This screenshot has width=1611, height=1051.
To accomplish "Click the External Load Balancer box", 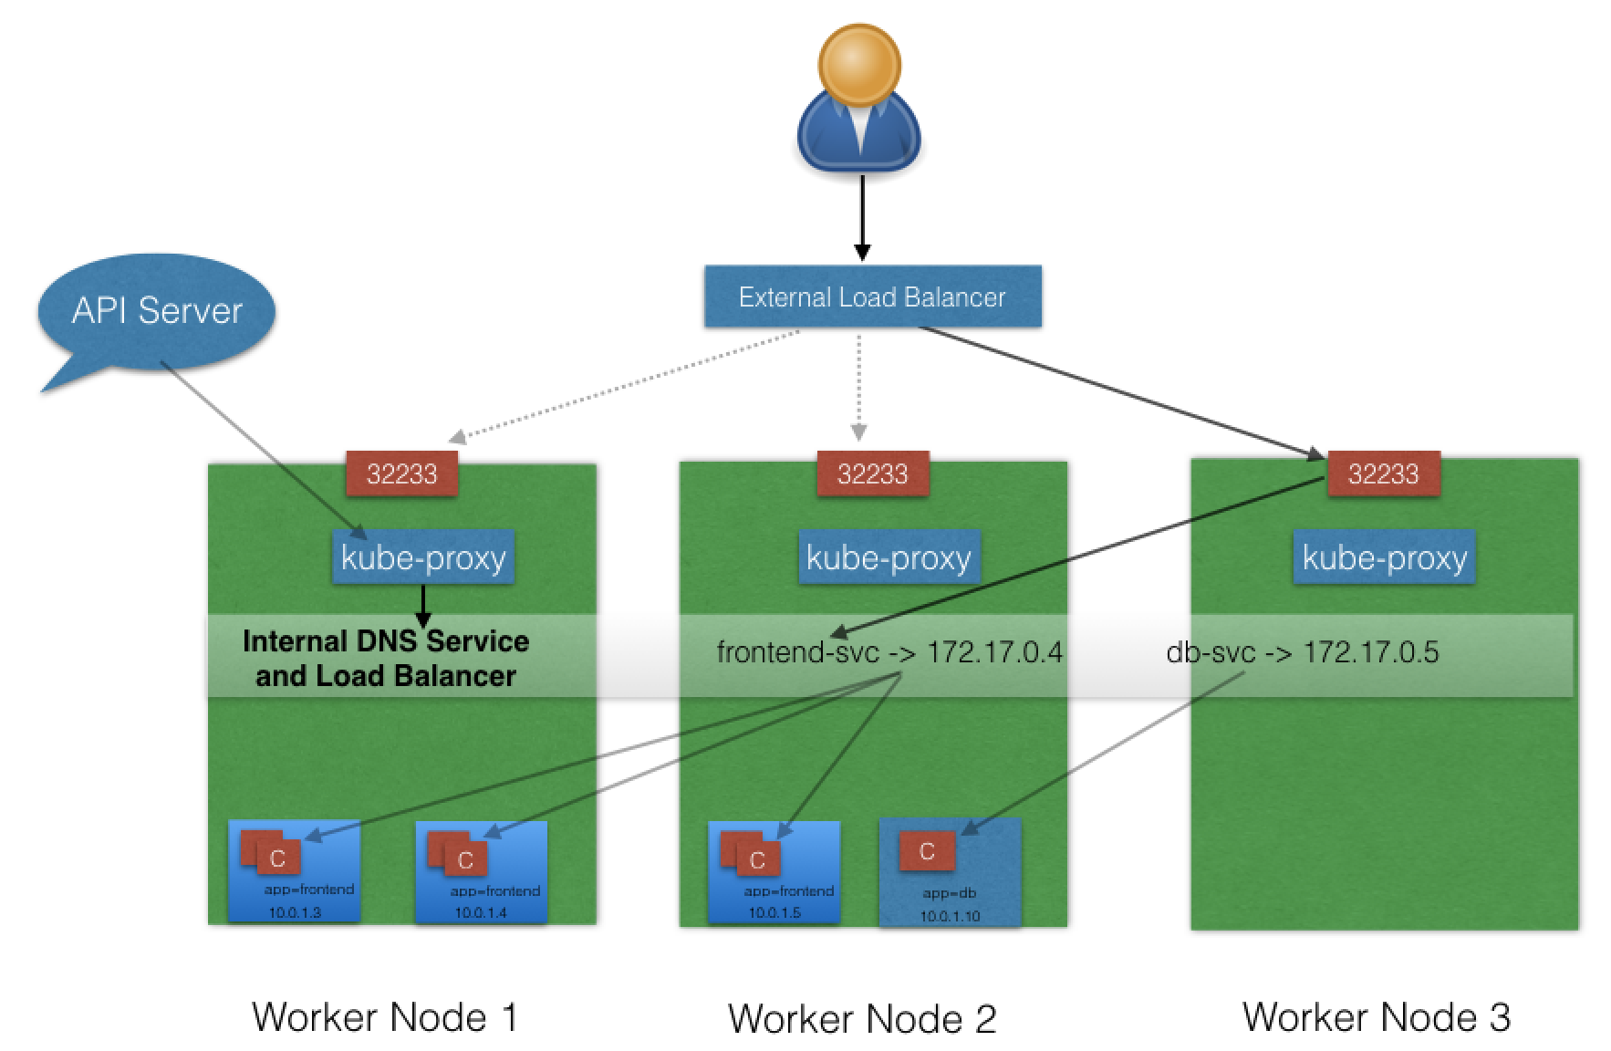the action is [x=872, y=297].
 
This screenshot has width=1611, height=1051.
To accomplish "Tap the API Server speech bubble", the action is [x=157, y=315].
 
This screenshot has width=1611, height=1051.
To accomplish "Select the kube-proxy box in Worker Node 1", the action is [x=423, y=557].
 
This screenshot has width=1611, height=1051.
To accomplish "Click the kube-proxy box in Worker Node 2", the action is [x=889, y=557].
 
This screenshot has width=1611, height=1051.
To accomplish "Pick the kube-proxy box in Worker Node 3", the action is [x=1384, y=557].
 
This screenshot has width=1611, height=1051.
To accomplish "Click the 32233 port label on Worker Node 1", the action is [x=401, y=473].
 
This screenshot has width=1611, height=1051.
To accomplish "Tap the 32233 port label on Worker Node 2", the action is [x=872, y=473].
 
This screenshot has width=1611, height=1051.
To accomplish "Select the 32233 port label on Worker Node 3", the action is [x=1383, y=473].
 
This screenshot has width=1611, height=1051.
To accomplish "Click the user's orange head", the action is [x=859, y=65].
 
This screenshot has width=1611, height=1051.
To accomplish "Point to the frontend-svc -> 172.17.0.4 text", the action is [x=889, y=652].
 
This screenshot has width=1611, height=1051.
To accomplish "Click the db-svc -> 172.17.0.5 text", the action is [x=1303, y=652].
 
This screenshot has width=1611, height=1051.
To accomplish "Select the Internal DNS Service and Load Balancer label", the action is [x=386, y=658].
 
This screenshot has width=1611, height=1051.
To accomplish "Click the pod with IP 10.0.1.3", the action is [x=294, y=871].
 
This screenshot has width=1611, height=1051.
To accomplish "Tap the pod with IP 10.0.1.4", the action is [x=481, y=872].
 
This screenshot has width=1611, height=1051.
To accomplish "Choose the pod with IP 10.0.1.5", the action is [x=774, y=872].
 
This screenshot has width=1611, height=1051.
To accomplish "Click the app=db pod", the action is [x=950, y=872].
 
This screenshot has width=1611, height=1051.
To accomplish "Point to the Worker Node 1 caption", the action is [x=385, y=1016].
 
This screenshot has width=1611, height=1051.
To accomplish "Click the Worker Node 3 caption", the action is [x=1376, y=1015].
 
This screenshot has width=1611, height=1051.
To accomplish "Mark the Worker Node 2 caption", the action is [x=862, y=1018].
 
